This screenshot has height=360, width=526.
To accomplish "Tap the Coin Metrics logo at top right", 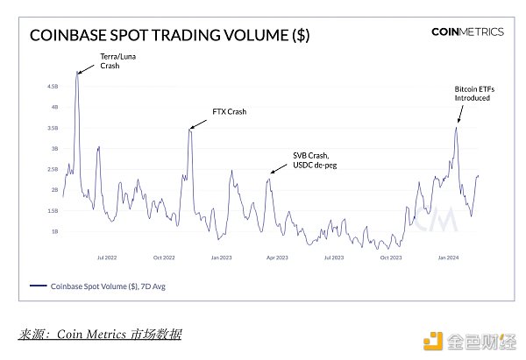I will [467, 32].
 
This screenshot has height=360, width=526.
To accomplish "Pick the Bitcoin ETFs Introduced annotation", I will [473, 94].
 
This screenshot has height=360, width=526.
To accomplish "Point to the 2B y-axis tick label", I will [54, 190].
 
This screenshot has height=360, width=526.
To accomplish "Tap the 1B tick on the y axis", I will [54, 231].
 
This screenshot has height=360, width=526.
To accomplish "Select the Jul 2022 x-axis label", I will [107, 258].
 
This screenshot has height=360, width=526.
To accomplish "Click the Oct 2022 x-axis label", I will [164, 258].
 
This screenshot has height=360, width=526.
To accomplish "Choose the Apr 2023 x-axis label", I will [277, 258].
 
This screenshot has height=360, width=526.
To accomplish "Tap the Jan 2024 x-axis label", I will [447, 258].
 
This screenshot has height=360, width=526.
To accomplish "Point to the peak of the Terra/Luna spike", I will [77, 72].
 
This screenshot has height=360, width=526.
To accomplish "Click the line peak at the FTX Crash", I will [190, 129].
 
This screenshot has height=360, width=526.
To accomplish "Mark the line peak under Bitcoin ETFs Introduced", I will [457, 128].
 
